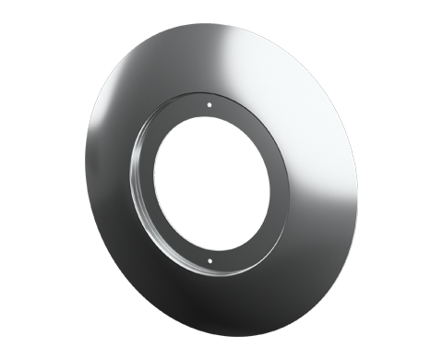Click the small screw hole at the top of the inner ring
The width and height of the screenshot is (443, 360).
click(x=210, y=106)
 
